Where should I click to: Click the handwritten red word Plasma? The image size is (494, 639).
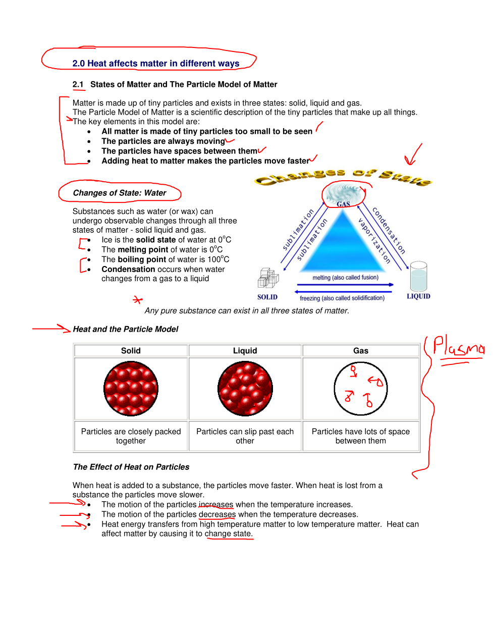458,347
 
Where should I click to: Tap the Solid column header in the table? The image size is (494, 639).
131,351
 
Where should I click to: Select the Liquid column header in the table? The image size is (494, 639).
245,351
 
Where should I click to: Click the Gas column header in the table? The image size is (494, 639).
361,351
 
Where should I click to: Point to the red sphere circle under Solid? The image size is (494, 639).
131,389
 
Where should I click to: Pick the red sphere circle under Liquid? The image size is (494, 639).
245,389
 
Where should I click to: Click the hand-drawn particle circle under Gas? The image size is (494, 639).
361,389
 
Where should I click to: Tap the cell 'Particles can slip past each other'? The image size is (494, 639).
245,436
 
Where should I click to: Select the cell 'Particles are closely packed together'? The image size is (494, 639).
131,436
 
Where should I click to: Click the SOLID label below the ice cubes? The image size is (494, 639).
267,297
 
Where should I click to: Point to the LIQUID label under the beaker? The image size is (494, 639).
418,296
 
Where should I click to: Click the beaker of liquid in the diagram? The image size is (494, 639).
418,276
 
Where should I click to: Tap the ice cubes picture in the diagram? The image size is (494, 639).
268,278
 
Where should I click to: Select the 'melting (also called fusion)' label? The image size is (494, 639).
345,278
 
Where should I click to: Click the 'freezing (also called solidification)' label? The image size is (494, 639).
342,298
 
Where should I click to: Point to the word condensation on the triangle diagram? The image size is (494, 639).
389,230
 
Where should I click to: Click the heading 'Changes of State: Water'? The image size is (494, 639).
120,193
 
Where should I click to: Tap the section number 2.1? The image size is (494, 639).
78,84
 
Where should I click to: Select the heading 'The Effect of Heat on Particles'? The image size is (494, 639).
131,467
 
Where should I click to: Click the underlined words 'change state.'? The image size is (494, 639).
228,534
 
